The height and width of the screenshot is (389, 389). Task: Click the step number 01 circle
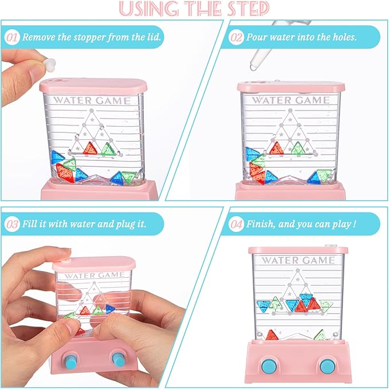click(x=11, y=38)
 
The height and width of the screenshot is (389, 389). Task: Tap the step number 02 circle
click(x=236, y=38)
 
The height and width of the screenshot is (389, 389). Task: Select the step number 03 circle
click(x=11, y=223)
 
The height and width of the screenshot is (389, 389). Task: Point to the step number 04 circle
click(x=236, y=223)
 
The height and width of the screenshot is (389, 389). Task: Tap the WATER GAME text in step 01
click(x=92, y=101)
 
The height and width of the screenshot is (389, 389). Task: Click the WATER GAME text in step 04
click(x=298, y=261)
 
